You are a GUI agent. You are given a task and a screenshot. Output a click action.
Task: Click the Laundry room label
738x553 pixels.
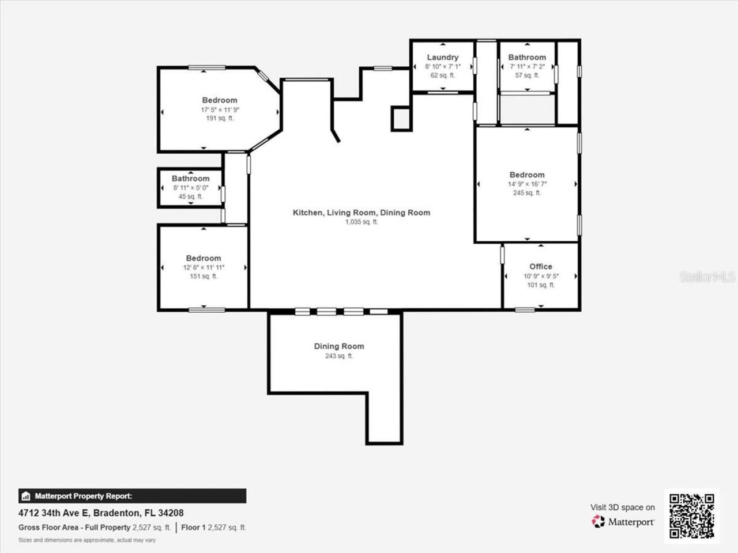pos(442,57)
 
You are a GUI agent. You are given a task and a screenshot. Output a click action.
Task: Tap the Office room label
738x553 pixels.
pos(540,266)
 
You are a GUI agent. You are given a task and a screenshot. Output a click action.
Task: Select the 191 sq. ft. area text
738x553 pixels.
pos(219,118)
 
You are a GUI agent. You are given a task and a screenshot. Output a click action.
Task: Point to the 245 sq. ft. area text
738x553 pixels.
pos(526,193)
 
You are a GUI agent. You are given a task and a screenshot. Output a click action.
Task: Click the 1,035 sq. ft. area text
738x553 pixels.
pos(361,222)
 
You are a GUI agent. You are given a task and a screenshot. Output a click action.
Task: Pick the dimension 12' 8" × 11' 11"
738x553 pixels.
pos(203,267)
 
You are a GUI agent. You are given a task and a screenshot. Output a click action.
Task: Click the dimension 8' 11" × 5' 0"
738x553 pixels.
pos(190,188)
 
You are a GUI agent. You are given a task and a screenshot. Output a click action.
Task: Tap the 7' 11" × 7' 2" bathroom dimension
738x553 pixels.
pos(526,66)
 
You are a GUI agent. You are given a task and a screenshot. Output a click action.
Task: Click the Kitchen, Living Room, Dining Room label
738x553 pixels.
pos(361,213)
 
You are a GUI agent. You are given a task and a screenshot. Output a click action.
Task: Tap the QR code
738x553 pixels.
pos(691,516)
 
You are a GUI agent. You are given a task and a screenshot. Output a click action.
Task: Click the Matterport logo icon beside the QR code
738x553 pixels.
pos(598,521)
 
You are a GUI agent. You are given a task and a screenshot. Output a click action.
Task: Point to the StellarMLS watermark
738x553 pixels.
pos(707,277)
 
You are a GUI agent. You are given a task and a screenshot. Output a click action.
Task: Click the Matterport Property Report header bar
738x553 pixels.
pos(132,496)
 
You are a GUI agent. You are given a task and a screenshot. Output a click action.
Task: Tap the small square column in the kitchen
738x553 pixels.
pos(401,119)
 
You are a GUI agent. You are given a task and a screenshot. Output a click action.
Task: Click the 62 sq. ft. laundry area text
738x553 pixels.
pos(442,75)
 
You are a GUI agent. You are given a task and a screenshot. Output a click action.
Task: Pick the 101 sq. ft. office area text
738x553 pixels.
pos(540,285)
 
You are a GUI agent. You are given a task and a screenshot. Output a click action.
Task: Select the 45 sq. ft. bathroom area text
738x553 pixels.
pos(190,196)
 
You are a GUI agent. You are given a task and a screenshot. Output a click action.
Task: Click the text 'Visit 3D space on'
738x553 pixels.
pos(622,507)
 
